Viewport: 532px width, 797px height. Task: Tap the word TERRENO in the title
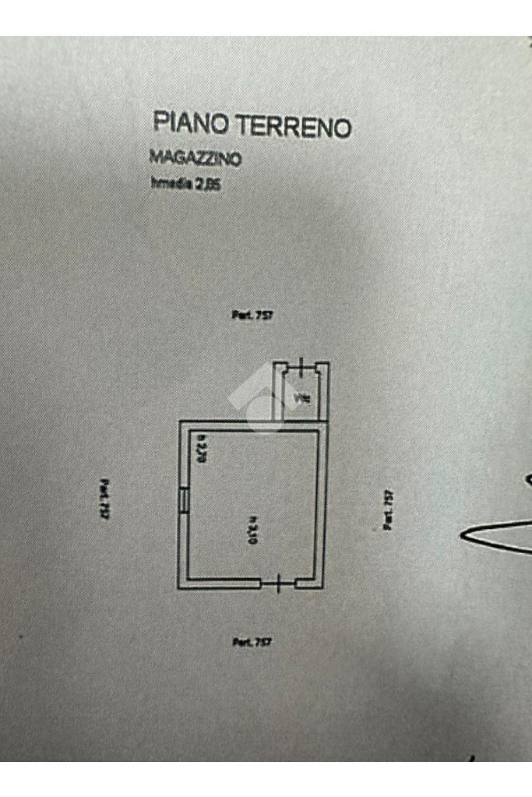[294, 126]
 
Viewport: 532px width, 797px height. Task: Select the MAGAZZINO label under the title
[195, 158]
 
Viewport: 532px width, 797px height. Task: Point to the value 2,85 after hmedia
[209, 185]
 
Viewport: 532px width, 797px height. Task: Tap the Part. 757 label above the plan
[252, 316]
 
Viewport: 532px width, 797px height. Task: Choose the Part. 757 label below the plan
[252, 642]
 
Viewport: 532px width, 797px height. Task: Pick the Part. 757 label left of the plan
[104, 499]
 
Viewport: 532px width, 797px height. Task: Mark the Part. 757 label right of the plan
[387, 510]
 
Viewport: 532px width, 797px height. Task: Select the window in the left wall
[183, 499]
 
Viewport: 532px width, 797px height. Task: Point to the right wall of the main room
[320, 506]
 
